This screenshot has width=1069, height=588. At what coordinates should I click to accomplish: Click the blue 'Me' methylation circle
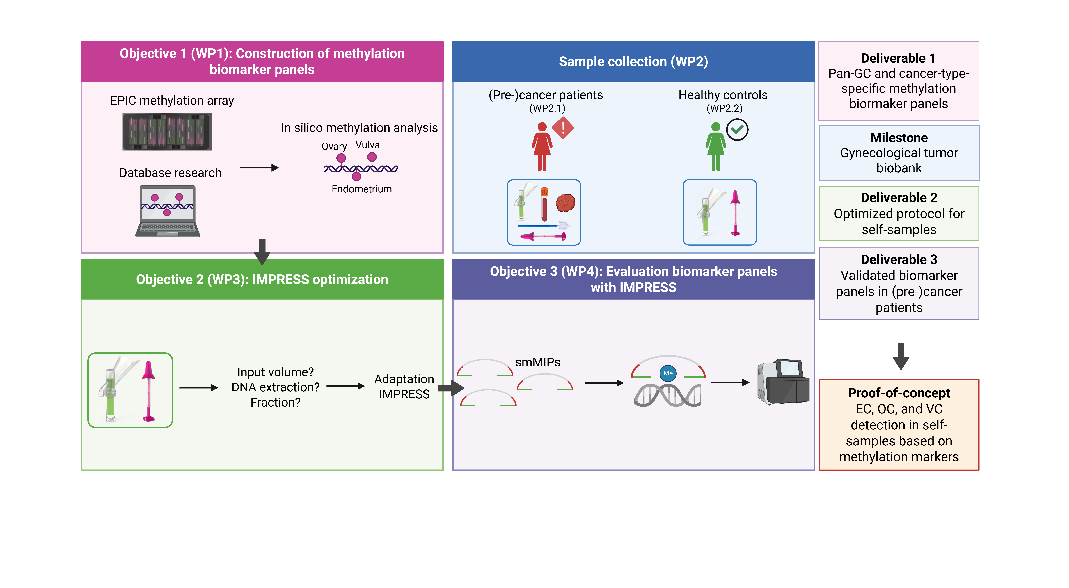tap(668, 373)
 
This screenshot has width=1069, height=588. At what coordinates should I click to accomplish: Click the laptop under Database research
tap(168, 211)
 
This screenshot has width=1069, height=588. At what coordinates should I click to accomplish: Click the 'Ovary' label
tap(334, 147)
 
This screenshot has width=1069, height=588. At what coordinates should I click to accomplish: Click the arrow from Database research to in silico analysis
tap(259, 168)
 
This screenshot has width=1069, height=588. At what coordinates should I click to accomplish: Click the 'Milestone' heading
tap(899, 137)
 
